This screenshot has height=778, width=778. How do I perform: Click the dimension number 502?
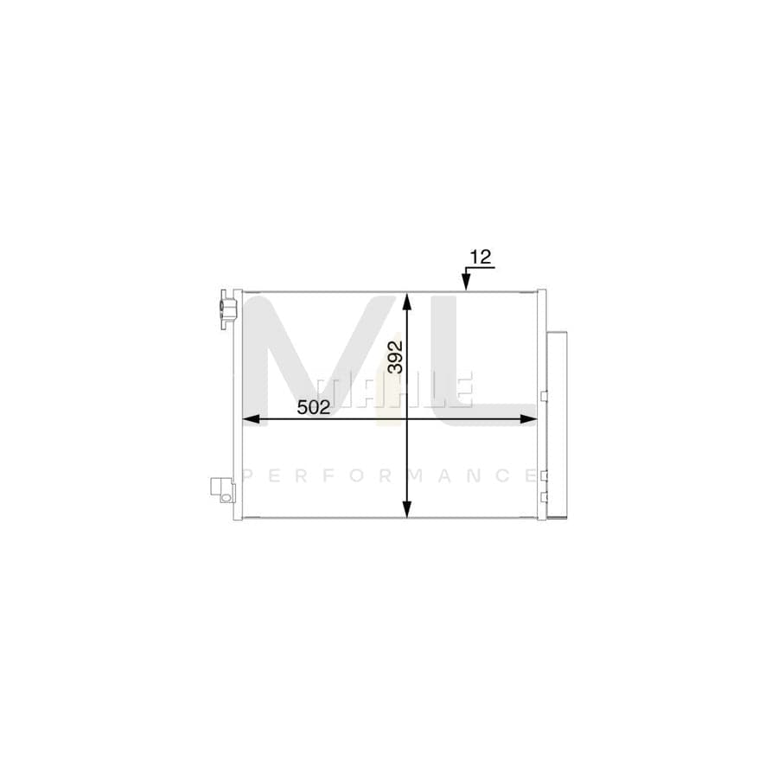click(x=314, y=407)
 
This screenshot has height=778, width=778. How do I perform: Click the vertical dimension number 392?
click(x=395, y=356)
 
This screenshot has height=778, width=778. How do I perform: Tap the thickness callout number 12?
click(x=480, y=256)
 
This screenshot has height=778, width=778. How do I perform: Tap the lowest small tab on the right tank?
click(x=543, y=496)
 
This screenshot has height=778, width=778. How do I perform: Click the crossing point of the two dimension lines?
click(x=407, y=419)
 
